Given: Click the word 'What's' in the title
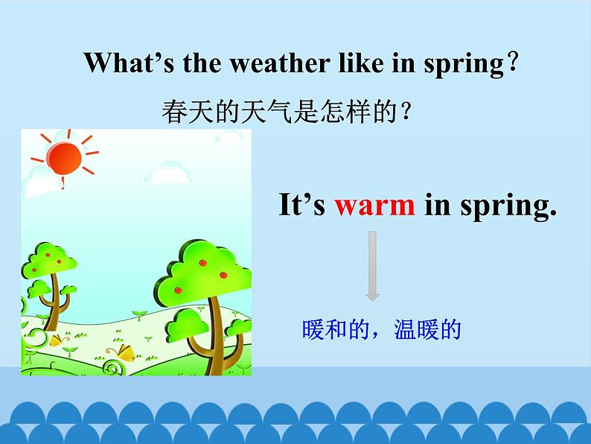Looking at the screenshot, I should click(x=118, y=63).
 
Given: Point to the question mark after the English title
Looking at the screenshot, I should click(x=511, y=63).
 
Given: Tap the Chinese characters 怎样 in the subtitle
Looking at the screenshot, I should click(x=342, y=112).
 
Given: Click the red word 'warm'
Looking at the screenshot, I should click(x=374, y=205).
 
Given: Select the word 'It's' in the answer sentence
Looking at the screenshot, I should click(x=301, y=205).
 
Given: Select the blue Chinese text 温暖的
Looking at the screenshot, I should click(x=427, y=329).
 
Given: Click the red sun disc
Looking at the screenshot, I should click(x=63, y=157).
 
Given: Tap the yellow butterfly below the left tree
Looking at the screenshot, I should click(x=57, y=340).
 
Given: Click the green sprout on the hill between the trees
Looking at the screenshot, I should click(x=137, y=314).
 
